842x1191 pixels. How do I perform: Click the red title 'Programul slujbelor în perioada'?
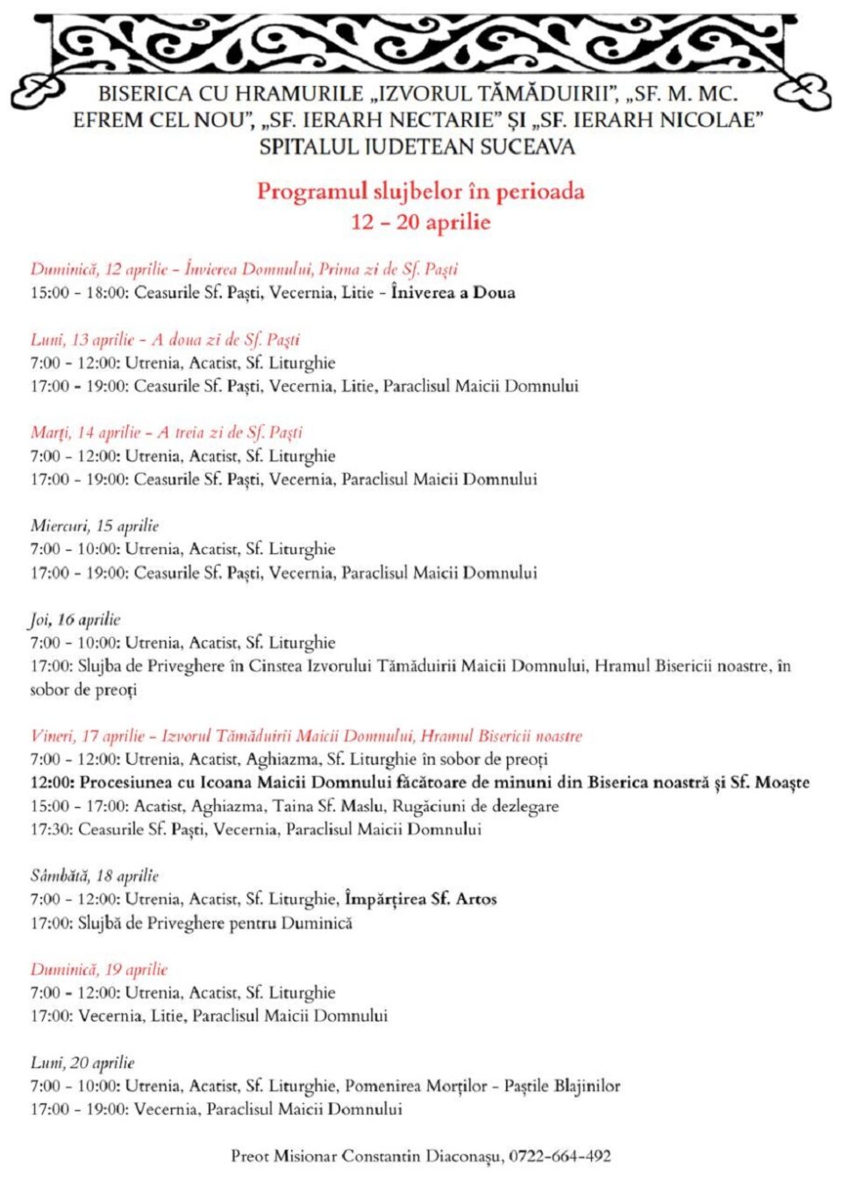coord(420,191)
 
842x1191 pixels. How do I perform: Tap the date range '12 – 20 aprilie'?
coord(420,222)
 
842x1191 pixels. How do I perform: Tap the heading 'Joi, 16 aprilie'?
coord(75,619)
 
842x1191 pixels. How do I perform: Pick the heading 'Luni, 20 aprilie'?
coord(82,1062)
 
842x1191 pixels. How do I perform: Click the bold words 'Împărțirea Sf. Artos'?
coord(421,899)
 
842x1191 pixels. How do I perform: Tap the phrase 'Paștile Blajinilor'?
coord(561,1086)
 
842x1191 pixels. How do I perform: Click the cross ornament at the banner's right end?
coord(803,89)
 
